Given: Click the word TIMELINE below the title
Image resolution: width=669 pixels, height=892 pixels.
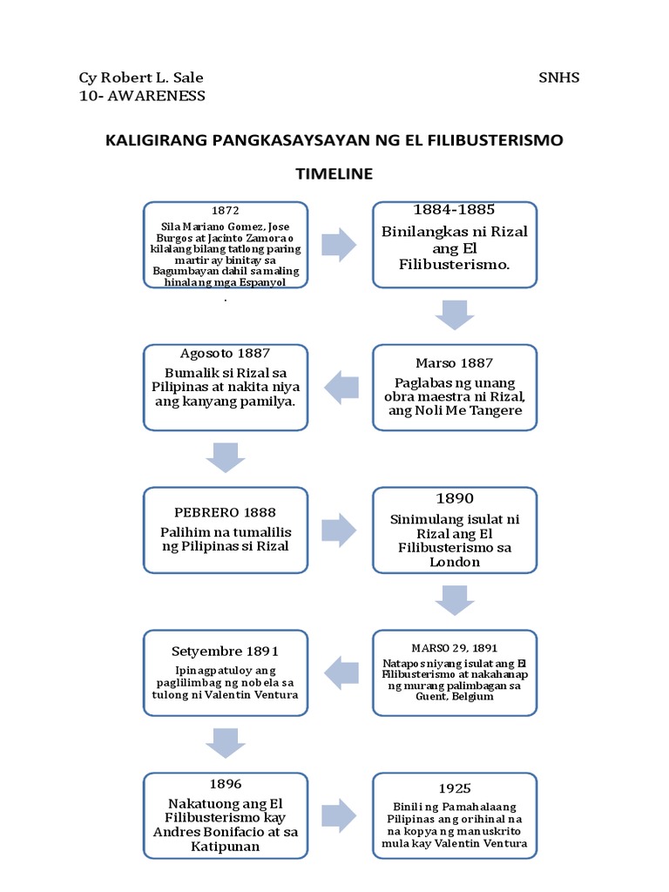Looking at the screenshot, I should (x=334, y=174).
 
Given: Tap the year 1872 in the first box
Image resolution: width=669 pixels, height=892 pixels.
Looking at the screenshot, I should (x=225, y=211).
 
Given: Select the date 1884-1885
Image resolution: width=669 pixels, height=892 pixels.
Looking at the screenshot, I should (x=454, y=210).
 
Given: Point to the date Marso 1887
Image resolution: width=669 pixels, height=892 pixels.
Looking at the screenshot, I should (x=454, y=363).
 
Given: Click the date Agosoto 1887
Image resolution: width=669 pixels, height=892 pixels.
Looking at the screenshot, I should (x=225, y=354).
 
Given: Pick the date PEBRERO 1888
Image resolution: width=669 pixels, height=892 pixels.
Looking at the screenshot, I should (x=225, y=513).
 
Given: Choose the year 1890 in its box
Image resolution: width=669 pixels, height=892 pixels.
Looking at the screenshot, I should (x=454, y=498).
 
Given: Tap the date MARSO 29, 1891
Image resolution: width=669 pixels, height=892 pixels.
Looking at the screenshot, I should (x=454, y=648).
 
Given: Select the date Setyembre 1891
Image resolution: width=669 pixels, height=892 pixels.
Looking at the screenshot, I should (x=225, y=651).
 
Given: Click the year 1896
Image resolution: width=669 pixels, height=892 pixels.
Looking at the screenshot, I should (x=225, y=784).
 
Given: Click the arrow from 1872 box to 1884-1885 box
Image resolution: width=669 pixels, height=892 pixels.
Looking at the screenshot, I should (x=339, y=244).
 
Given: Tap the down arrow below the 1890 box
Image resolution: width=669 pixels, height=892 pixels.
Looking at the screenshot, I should (x=454, y=600).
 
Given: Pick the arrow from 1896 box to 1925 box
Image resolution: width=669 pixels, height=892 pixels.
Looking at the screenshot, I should (x=339, y=815).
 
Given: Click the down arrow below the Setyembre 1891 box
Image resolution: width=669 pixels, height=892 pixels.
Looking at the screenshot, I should (x=225, y=742).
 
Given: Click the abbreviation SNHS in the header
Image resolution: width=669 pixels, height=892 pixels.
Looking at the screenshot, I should (x=558, y=78).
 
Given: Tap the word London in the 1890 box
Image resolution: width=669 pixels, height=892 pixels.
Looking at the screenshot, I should (x=454, y=562).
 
